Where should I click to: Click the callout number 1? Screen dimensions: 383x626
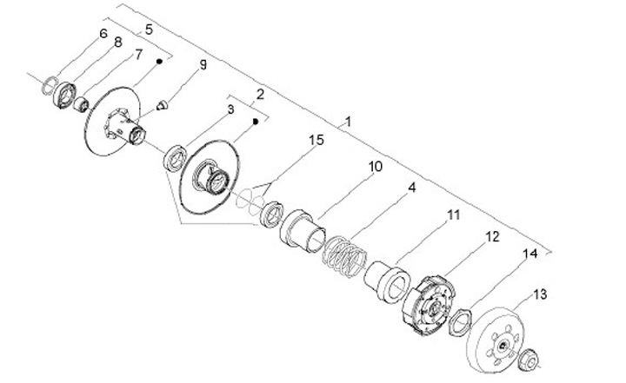click(349, 122)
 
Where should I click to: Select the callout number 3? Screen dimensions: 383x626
click(230, 109)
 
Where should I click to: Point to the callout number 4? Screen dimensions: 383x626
click(411, 187)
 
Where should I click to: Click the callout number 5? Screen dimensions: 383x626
click(149, 30)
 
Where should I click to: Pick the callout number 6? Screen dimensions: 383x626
click(103, 34)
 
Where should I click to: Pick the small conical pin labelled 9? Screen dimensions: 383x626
click(162, 104)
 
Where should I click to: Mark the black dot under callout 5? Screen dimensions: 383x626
click(160, 62)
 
